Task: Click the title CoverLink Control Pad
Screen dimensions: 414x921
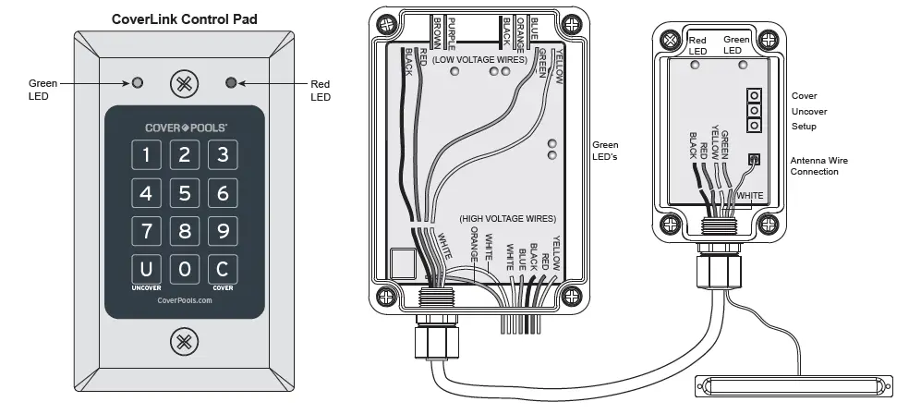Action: point(185,18)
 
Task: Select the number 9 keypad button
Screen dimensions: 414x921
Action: point(223,230)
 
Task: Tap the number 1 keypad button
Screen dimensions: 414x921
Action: point(146,155)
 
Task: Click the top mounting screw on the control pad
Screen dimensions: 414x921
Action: point(185,83)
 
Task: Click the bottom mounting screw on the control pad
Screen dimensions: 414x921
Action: point(185,341)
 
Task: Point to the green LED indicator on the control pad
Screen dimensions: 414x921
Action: point(138,83)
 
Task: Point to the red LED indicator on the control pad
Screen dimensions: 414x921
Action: point(231,83)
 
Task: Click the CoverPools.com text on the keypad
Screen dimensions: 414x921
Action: point(185,300)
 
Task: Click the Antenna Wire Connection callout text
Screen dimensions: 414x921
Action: point(819,166)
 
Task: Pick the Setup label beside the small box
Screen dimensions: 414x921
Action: point(804,127)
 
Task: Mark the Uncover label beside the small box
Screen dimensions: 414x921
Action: point(808,111)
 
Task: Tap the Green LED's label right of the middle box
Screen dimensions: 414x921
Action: point(605,151)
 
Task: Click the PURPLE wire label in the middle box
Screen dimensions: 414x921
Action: point(452,29)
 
